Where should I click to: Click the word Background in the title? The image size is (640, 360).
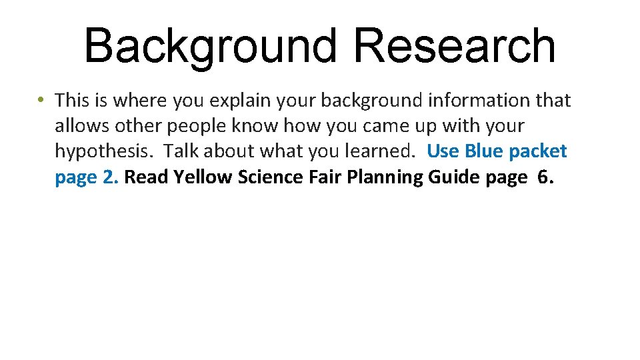click(210, 47)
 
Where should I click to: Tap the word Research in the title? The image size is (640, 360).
click(455, 47)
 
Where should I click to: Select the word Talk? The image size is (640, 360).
click(181, 151)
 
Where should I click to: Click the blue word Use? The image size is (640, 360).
click(443, 151)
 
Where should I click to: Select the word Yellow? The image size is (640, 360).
click(205, 177)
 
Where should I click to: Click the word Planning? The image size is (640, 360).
click(383, 177)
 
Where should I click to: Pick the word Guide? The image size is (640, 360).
click(453, 177)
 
